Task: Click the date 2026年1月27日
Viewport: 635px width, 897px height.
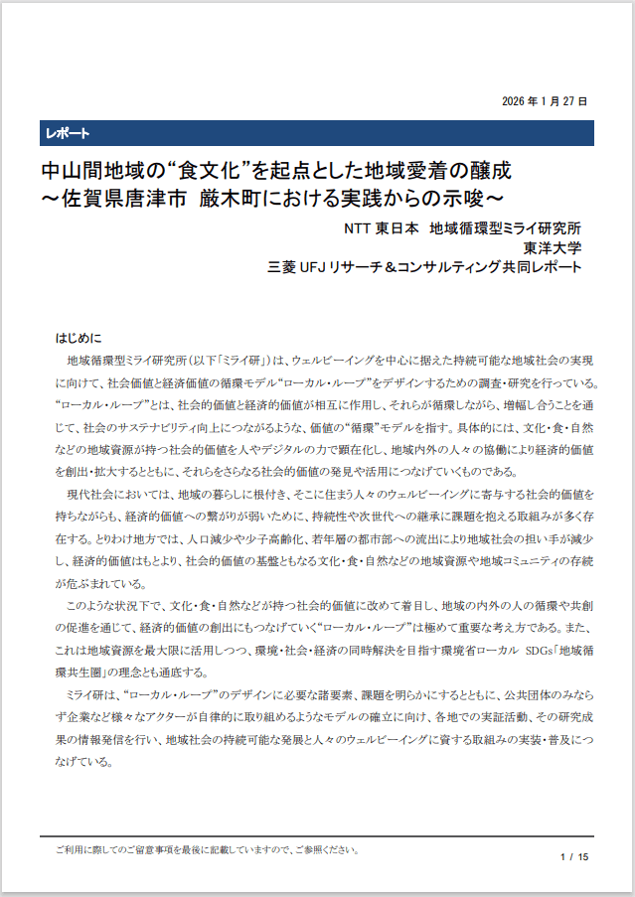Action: (x=544, y=101)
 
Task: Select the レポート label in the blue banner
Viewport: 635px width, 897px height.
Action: (x=67, y=134)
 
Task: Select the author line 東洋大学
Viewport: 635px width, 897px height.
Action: (x=553, y=247)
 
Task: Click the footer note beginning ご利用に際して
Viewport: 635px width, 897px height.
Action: (x=208, y=850)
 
